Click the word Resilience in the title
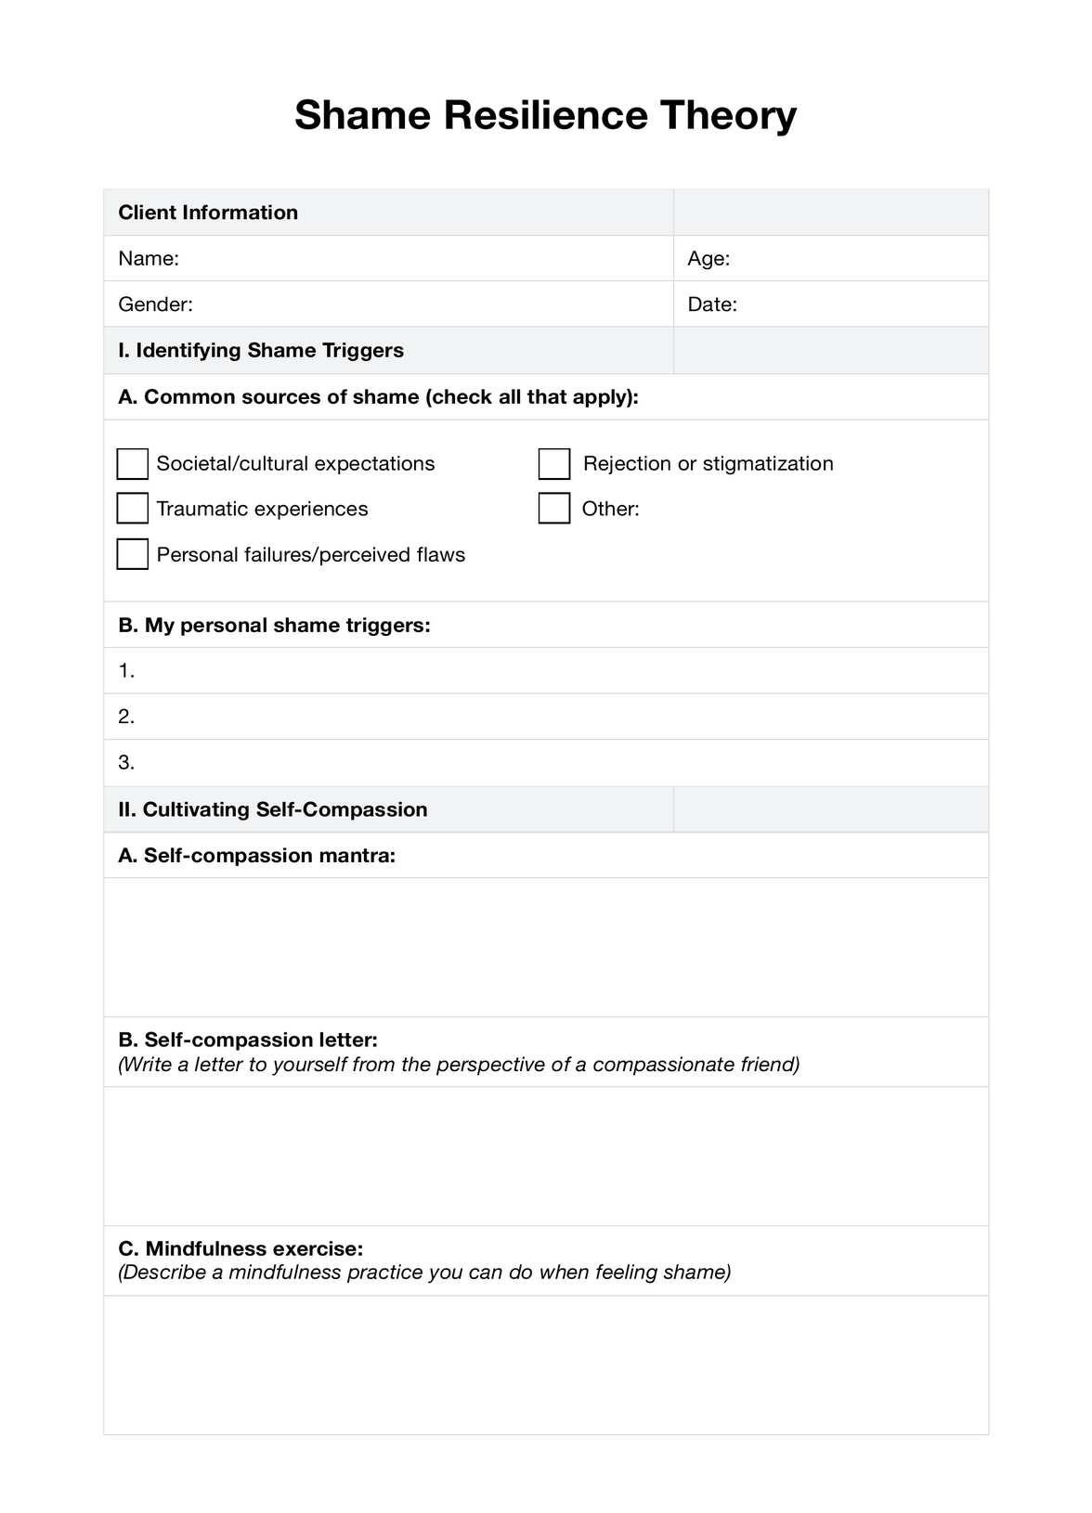tap(545, 116)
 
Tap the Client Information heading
tap(208, 213)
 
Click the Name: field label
tap(149, 259)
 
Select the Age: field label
tap(708, 259)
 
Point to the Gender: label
tap(155, 304)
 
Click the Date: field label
tap(712, 304)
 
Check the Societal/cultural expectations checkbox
tap(133, 463)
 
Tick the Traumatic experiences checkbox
tap(133, 509)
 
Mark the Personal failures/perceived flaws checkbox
tap(133, 554)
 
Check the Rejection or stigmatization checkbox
tap(554, 463)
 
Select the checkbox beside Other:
tap(554, 509)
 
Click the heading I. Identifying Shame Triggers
tap(261, 351)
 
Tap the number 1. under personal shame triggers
tap(126, 671)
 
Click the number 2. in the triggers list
tap(126, 717)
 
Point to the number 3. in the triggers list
tap(126, 763)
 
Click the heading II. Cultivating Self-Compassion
tap(273, 809)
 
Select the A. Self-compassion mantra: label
tap(257, 856)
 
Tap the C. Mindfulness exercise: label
tap(240, 1248)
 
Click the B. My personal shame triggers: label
tap(274, 626)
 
